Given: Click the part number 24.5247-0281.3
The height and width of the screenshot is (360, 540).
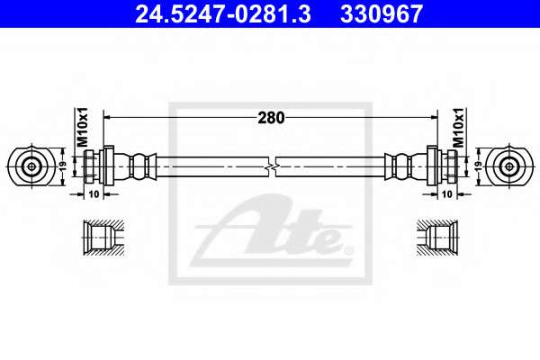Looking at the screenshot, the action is pos(223,13).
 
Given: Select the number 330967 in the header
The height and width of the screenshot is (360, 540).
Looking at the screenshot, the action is pos(382,13).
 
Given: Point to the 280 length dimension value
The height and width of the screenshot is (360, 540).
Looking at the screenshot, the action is pos(271,118).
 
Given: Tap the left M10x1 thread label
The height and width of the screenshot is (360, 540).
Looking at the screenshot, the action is pos(82,127).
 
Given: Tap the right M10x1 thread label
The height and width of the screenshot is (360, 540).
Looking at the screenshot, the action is pos(458,127).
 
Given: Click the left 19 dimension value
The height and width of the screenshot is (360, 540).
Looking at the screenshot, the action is pos(63,166).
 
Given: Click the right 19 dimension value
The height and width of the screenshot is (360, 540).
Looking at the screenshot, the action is pos(479,166).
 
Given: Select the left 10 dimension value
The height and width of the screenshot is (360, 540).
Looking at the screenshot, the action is pos(94,194).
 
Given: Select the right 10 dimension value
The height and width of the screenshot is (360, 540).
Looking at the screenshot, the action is pos(446,194).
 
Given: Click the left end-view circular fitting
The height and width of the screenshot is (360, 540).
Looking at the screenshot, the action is pos(31,166).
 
